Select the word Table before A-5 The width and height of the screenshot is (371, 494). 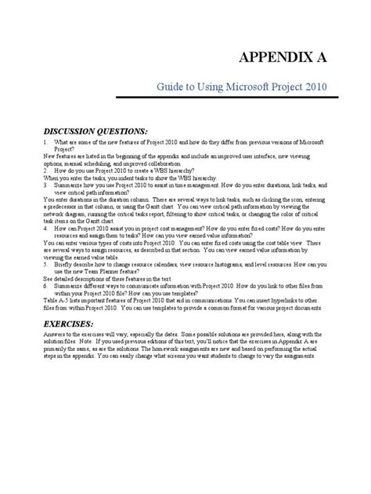(x=49, y=301)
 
